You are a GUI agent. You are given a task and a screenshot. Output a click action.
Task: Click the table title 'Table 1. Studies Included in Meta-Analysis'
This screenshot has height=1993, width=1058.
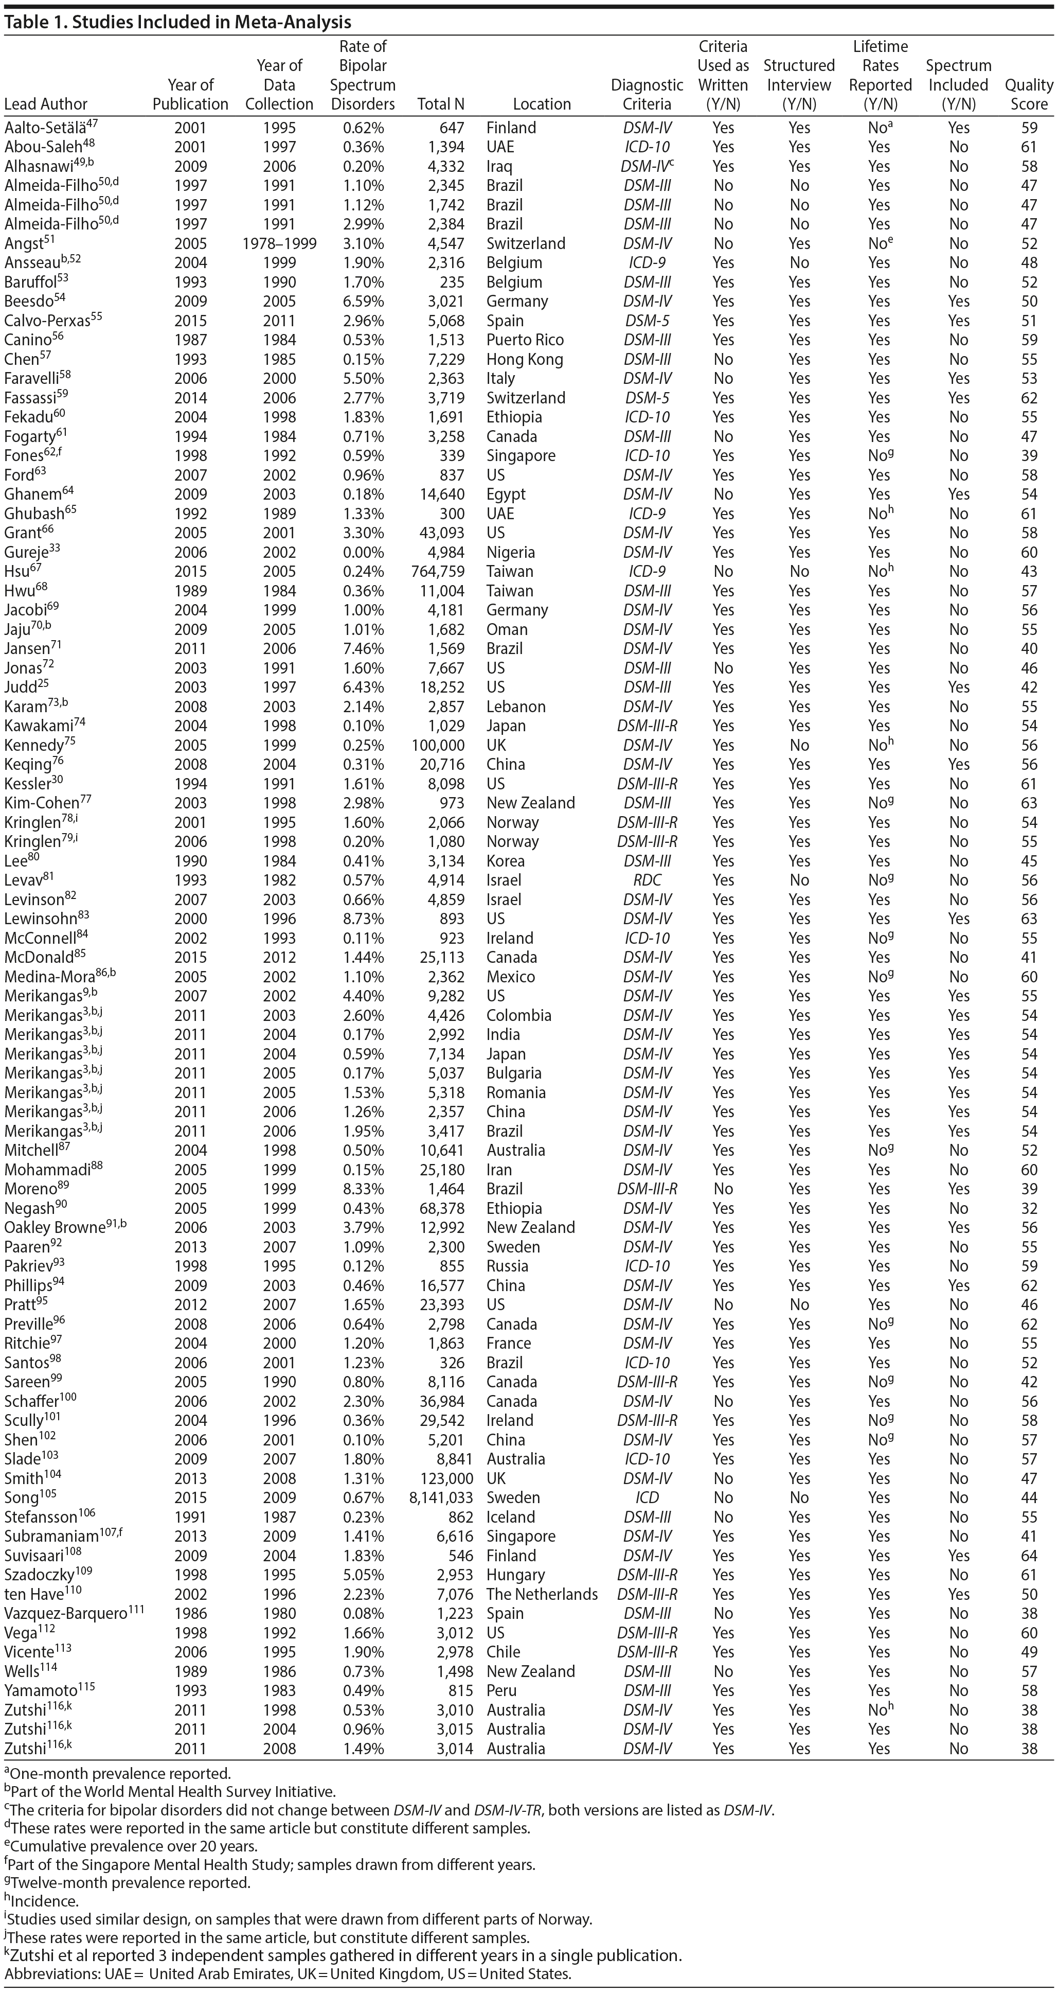tap(178, 22)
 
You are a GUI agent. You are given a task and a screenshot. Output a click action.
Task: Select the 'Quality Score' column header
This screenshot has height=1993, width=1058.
tap(1029, 94)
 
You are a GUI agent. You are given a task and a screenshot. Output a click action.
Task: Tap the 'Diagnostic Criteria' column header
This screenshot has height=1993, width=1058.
tap(647, 94)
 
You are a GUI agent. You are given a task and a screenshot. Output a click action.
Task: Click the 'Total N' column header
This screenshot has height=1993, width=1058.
tap(441, 103)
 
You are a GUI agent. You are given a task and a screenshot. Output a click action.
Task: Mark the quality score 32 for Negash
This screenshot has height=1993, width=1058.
tap(1029, 1208)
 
